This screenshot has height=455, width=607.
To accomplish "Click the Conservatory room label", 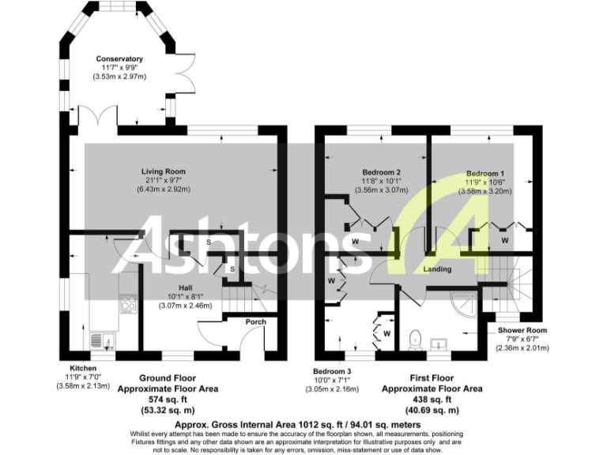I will click(x=119, y=58).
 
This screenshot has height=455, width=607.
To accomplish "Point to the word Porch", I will click(x=255, y=322).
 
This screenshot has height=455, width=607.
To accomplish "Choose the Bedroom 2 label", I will click(x=382, y=171).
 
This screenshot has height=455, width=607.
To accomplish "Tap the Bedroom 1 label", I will click(x=485, y=173).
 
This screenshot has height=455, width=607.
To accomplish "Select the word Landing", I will click(x=437, y=269).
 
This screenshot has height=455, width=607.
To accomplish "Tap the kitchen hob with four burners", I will click(x=127, y=302).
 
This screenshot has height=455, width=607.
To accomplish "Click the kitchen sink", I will click(x=101, y=340).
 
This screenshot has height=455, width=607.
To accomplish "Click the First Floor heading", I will click(x=432, y=378).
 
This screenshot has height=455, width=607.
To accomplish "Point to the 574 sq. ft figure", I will click(x=167, y=400).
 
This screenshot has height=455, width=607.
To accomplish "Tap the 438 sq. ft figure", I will click(x=432, y=400).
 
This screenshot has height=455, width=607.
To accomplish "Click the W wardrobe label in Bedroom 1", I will click(x=503, y=239).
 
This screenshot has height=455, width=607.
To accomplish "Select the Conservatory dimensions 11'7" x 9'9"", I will click(x=119, y=69).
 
